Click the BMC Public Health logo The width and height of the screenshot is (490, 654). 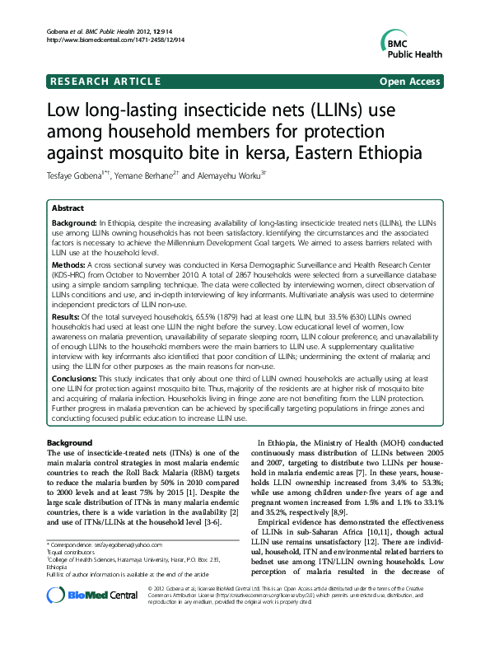tap(413, 40)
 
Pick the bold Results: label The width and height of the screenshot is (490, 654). tap(67, 315)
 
